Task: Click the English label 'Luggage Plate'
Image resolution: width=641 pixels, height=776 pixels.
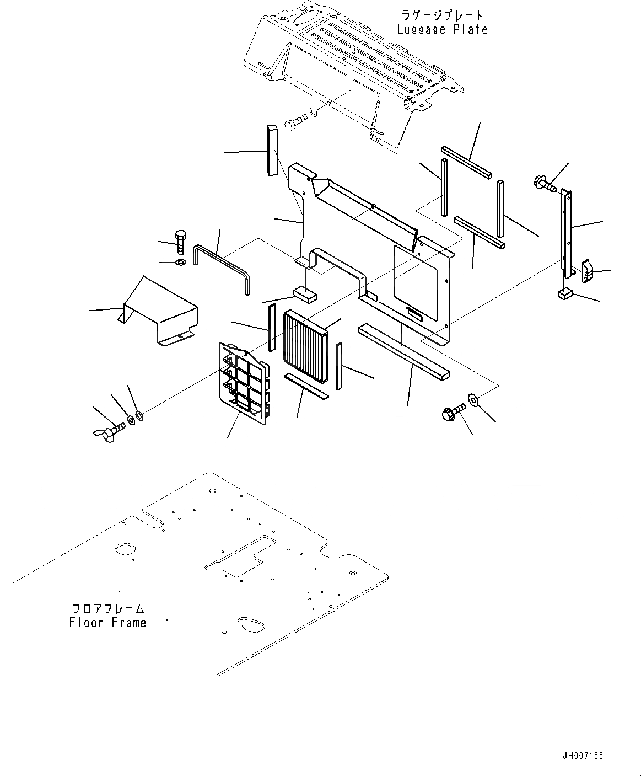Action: pos(442,30)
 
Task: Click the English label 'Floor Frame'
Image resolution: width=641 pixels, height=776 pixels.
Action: pos(108,623)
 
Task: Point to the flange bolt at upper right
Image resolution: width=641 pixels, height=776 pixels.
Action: pos(544,183)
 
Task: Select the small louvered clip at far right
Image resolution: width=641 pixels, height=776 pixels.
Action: pos(588,270)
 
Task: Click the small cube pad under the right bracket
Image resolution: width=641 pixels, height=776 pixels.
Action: pos(564,293)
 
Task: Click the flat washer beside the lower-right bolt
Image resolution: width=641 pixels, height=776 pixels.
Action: pos(473,399)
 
